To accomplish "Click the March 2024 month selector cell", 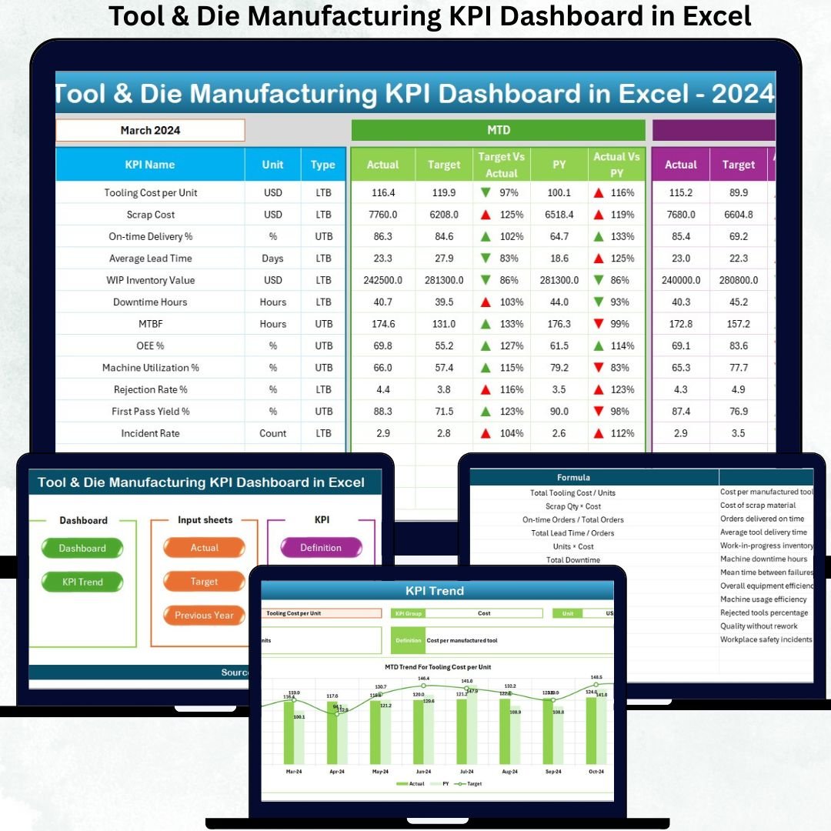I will [150, 130].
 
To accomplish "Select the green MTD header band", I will [498, 130].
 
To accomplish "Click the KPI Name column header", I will [150, 165].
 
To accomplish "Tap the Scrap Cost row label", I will [150, 215].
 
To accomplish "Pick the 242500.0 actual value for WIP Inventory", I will [382, 280].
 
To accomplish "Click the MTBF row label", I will [150, 324].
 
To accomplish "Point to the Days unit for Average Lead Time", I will [272, 259].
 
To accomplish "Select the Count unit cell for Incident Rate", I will [272, 433].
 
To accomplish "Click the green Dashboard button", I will [82, 549].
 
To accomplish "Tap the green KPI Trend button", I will [82, 582].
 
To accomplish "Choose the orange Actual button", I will [205, 548].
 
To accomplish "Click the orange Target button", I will [205, 582].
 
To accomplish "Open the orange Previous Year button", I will [205, 616].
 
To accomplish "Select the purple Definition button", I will [321, 548].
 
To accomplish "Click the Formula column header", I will [573, 478].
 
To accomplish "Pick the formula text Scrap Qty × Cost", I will [573, 506].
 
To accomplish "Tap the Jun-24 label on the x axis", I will [423, 771].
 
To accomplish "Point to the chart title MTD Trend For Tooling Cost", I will [438, 667].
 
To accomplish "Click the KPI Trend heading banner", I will [435, 591].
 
